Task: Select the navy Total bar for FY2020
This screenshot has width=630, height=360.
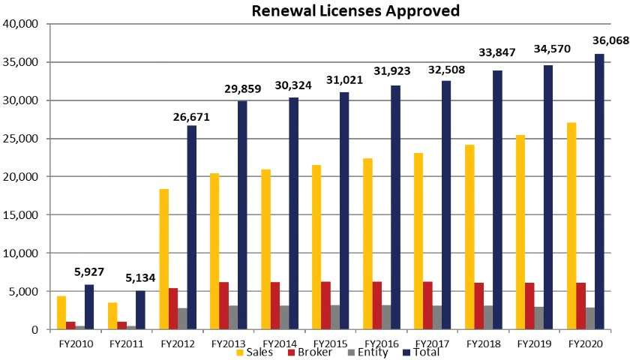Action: click(x=599, y=191)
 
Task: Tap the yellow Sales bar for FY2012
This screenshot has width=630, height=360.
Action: click(x=164, y=259)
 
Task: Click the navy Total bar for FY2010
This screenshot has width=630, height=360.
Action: click(x=89, y=307)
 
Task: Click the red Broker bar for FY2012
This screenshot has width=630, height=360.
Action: click(x=173, y=308)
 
